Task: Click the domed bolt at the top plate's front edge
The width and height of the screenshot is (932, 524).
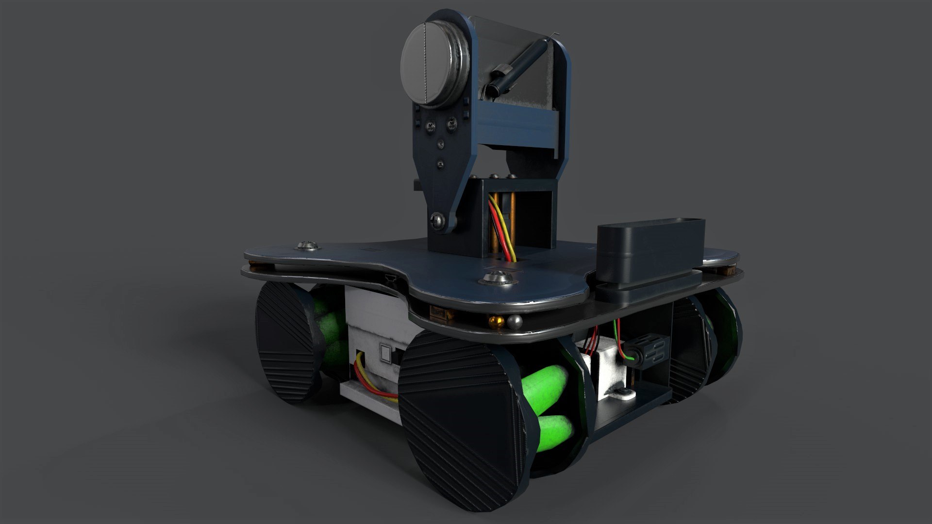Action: pos(497,279)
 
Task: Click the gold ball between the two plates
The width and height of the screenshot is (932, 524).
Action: pos(496,321)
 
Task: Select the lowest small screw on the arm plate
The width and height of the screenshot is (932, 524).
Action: pos(441,165)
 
